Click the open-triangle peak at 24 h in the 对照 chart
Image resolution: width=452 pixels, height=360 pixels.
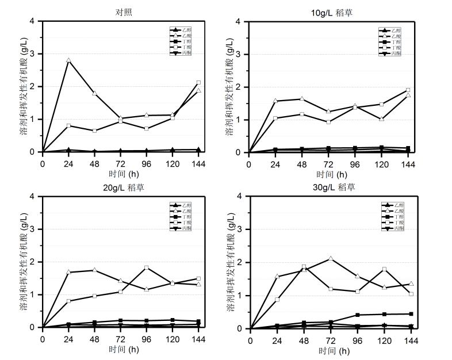point(68,60)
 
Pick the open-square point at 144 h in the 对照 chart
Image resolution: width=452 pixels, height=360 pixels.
point(198,83)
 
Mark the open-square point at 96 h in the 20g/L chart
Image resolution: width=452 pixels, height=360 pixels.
point(147,268)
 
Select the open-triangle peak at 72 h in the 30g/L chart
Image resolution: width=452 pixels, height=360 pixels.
point(330,259)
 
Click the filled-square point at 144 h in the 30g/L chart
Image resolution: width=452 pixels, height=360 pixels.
point(411,314)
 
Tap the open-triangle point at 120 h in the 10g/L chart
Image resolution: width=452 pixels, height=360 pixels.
point(381,119)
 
